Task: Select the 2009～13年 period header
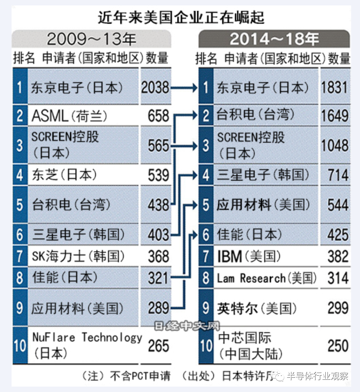point(91,39)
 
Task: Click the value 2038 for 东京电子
point(155,87)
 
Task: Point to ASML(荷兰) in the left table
point(69,116)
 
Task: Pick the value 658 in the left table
point(158,116)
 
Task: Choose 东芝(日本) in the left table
point(65,175)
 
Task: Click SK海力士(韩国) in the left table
point(78,256)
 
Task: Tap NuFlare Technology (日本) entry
point(87,345)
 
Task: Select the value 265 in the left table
point(158,346)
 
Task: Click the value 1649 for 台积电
point(335,116)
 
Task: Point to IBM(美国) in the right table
point(249,256)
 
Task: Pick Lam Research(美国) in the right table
point(267,278)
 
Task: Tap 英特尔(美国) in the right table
point(257,308)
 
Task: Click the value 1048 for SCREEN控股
point(335,145)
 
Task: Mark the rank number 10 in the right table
point(206,346)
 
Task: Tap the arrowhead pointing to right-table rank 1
point(195,88)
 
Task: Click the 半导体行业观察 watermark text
point(317,376)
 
